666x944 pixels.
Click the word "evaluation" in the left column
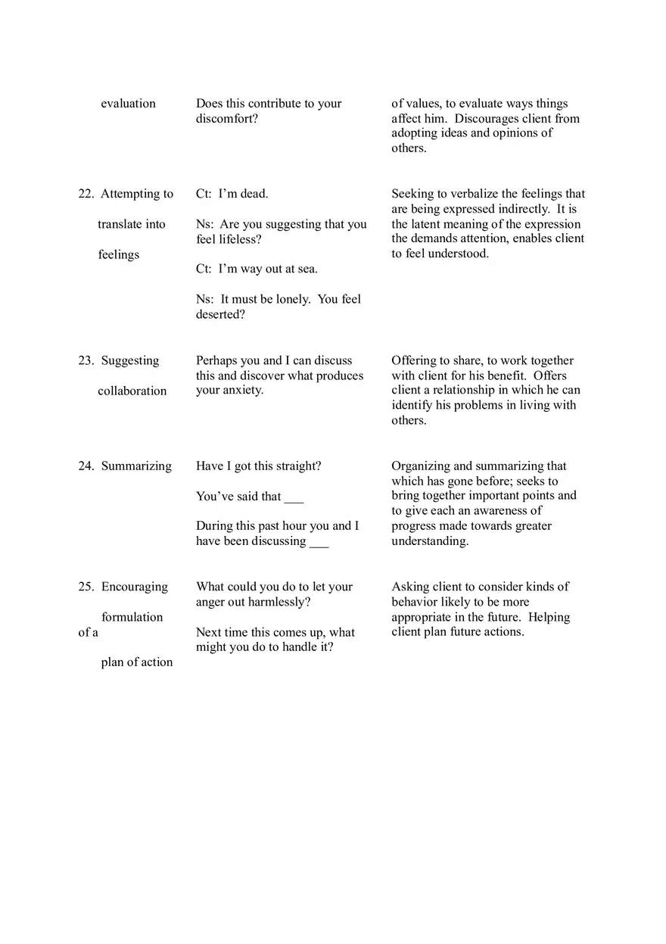pos(128,104)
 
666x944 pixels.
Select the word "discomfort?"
pos(227,119)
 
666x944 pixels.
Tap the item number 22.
pos(86,194)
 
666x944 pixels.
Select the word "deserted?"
pos(220,314)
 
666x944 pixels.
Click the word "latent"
pos(430,224)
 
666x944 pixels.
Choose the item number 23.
pos(86,361)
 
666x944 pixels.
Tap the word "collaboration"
pos(132,391)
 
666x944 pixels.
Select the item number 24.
pos(86,466)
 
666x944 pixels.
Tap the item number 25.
pos(86,587)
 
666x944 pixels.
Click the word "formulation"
pos(132,617)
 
